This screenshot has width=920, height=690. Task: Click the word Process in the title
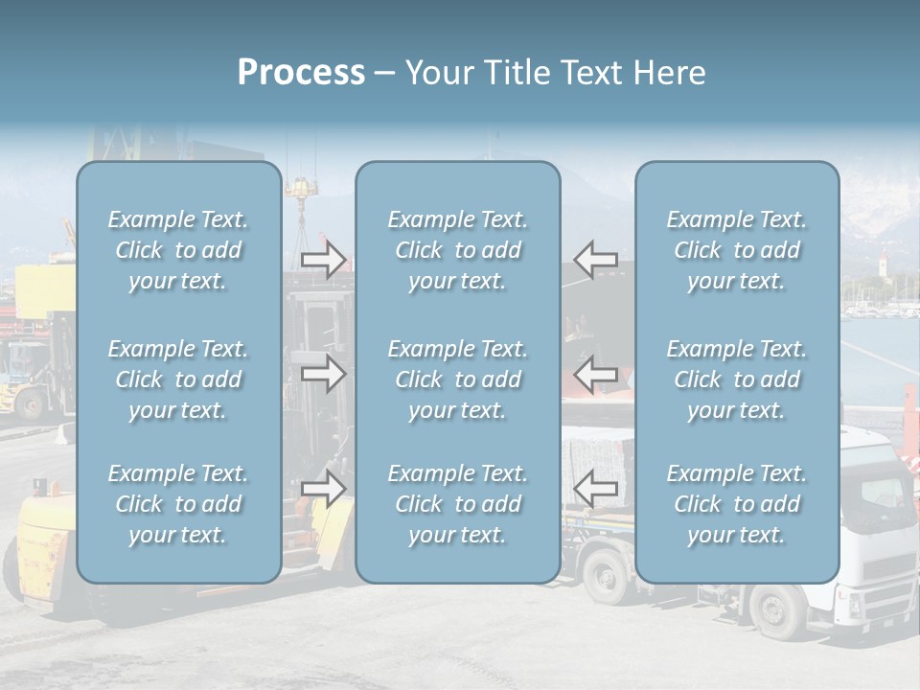[x=301, y=73]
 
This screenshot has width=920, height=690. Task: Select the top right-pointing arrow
[x=324, y=259]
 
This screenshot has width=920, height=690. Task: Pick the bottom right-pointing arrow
[x=324, y=489]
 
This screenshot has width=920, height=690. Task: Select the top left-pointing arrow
[x=595, y=259]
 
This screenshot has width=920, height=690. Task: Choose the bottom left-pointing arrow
[x=595, y=489]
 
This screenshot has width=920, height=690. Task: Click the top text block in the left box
[x=178, y=250]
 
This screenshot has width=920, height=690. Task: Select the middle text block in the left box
[x=178, y=379]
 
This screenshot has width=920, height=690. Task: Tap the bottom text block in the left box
[x=178, y=504]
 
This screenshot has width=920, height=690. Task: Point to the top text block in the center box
[x=458, y=250]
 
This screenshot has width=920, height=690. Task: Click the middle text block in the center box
[x=458, y=379]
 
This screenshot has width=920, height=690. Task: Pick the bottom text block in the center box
[x=458, y=504]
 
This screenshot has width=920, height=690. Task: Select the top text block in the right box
[x=737, y=250]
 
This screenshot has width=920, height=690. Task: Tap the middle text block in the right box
[x=737, y=379]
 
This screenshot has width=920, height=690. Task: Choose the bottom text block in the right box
[x=737, y=504]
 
